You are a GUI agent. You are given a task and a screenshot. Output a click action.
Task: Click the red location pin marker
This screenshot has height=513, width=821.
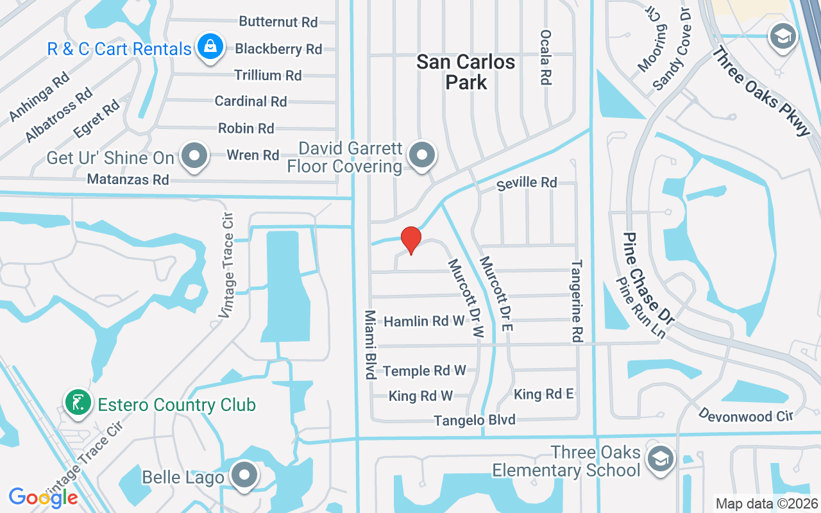pyautogui.click(x=410, y=240)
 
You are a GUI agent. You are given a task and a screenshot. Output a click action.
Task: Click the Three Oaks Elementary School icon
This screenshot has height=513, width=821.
pyautogui.click(x=660, y=459)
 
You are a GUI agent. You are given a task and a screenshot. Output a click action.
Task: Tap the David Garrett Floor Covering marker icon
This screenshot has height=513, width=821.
pyautogui.click(x=422, y=156)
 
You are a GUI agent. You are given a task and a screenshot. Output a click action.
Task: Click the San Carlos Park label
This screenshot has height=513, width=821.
pyautogui.click(x=466, y=72)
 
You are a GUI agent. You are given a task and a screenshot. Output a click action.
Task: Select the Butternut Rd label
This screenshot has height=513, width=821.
pyautogui.click(x=278, y=22)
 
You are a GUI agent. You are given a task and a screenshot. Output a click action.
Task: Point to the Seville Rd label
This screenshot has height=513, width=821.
pyautogui.click(x=527, y=183)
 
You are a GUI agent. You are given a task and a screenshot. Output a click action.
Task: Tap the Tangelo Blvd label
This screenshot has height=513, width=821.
pyautogui.click(x=475, y=421)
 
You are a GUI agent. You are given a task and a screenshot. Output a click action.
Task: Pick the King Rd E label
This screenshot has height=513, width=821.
pyautogui.click(x=544, y=394)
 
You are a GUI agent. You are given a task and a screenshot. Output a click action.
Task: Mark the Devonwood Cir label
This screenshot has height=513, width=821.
pyautogui.click(x=745, y=416)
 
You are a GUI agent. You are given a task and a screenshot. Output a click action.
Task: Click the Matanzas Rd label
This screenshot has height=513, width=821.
pyautogui.click(x=128, y=180)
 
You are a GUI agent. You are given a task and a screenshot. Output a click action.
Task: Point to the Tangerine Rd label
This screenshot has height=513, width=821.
pyautogui.click(x=577, y=300)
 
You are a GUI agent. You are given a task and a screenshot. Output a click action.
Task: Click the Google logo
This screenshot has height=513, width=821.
pyautogui.click(x=44, y=497)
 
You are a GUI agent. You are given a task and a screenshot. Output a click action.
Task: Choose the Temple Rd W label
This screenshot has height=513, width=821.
pyautogui.click(x=424, y=371)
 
